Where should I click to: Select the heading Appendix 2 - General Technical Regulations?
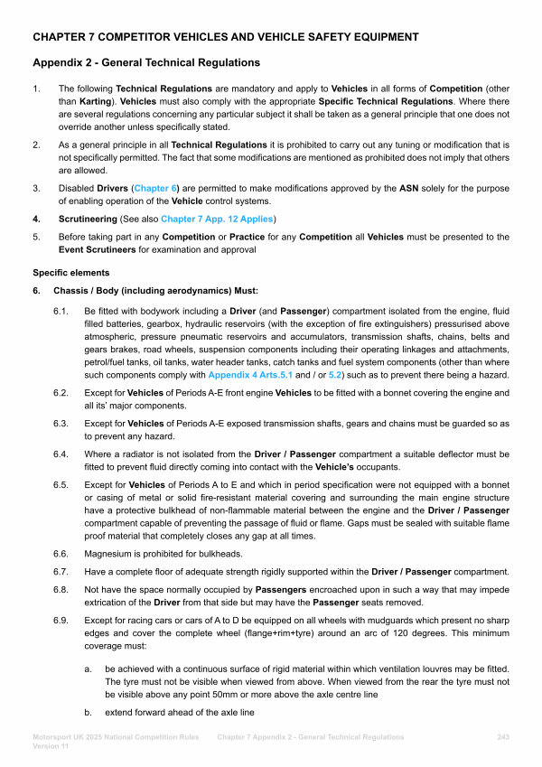coord(146,63)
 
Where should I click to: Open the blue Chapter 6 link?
coord(155,187)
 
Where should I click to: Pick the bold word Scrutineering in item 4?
coord(93,219)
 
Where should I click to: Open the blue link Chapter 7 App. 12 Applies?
coord(218,219)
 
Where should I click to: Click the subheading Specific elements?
coord(71,272)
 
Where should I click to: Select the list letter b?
coord(87,713)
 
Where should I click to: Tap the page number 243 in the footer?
coord(503,737)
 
